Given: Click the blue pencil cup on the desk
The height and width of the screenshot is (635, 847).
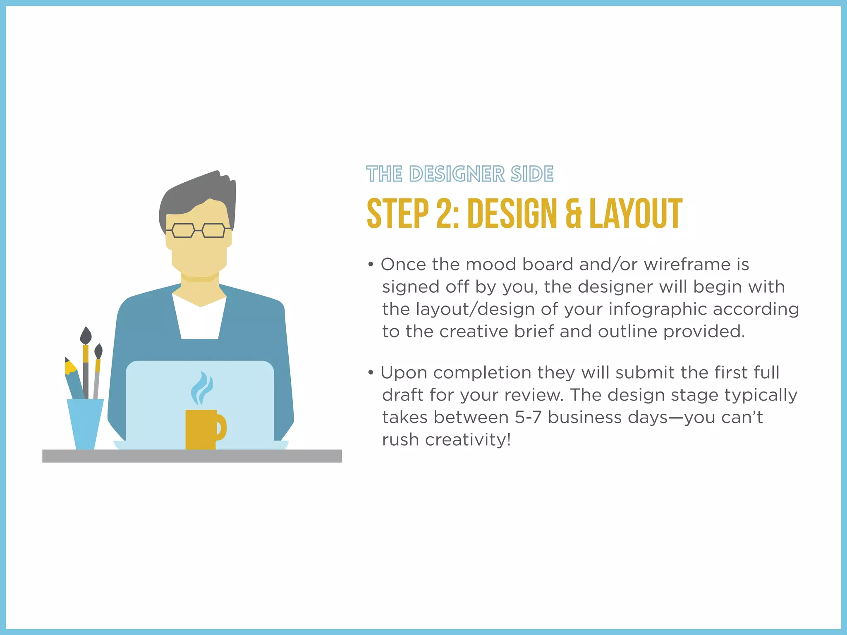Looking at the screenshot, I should click(86, 423).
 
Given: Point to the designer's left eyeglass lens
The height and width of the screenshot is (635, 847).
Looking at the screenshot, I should click(183, 230).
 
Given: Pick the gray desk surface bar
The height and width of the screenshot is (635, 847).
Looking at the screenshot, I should click(192, 456).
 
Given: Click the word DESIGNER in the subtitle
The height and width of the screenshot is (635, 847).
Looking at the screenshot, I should click(457, 174).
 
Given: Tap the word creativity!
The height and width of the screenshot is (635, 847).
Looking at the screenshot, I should click(468, 440).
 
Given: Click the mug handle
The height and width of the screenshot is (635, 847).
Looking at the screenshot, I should click(221, 427).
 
